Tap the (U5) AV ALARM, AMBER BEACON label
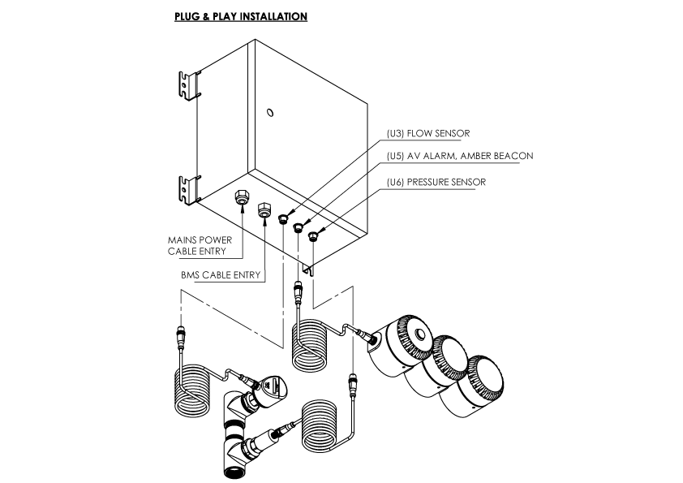(460, 155)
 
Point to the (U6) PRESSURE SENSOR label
(436, 182)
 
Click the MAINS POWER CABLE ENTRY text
(200, 245)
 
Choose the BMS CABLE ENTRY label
(221, 275)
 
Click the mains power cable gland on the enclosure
(243, 196)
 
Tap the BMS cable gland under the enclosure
(264, 209)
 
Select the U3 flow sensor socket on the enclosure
(283, 218)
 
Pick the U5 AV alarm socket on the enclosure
(299, 227)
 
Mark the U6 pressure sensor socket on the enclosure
(314, 236)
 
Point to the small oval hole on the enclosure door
(270, 111)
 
